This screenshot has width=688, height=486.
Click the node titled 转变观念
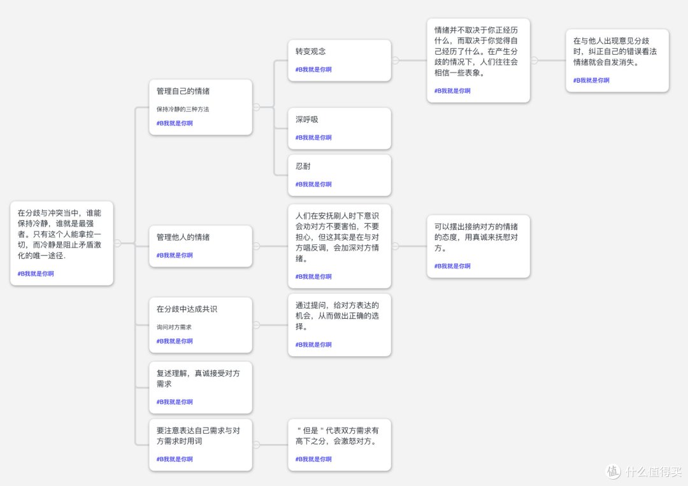[x=339, y=60]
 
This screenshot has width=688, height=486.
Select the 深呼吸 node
[x=339, y=128]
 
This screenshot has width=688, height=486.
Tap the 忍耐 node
[x=339, y=176]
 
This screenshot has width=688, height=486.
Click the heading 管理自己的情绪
[x=183, y=91]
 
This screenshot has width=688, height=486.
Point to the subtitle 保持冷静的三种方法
[x=183, y=109]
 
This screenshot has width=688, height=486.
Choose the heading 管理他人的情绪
[x=183, y=237]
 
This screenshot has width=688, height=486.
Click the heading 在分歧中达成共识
[x=187, y=309]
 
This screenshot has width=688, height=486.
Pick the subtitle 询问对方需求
[x=174, y=327]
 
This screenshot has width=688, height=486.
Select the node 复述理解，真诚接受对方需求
[x=201, y=387]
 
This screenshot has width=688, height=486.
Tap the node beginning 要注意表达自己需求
[x=201, y=445]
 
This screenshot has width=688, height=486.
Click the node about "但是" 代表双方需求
[x=339, y=445]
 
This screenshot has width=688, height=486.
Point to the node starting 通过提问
[x=339, y=324]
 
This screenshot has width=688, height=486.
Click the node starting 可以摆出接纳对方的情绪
[x=478, y=246]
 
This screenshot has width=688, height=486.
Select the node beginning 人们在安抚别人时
[x=339, y=246]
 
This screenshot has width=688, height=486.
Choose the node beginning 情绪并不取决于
[x=478, y=60]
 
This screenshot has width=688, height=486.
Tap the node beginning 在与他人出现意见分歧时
[x=617, y=60]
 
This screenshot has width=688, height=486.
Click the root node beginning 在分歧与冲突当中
[x=61, y=243]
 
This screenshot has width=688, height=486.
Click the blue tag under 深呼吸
[x=313, y=137]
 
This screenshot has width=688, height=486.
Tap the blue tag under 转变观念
[x=313, y=70]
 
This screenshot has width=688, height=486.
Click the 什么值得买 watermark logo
[x=613, y=471]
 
